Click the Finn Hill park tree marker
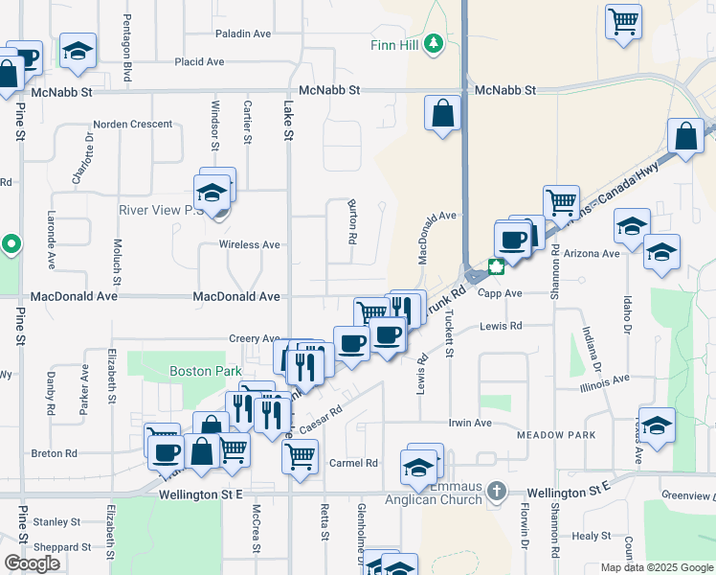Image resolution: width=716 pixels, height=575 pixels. click(x=434, y=43)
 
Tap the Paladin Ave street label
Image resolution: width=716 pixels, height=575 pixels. click(x=243, y=34)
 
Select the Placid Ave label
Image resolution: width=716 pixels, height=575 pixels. click(x=199, y=62)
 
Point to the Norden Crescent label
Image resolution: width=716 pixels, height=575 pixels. click(x=133, y=125)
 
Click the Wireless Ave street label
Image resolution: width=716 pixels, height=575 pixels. click(x=250, y=245)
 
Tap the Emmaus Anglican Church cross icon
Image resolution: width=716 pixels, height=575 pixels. click(x=496, y=492)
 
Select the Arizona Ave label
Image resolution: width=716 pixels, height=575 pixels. click(x=592, y=254)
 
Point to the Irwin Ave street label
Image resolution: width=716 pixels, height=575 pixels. click(x=470, y=423)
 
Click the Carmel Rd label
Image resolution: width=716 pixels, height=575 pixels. click(x=353, y=463)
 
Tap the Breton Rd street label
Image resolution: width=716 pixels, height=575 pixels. click(x=54, y=453)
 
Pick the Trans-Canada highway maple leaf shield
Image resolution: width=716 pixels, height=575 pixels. click(x=496, y=266)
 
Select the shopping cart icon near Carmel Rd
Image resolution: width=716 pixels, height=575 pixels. click(x=300, y=454)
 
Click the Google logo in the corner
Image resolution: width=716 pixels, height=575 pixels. click(x=32, y=563)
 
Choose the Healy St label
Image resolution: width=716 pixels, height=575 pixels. click(x=592, y=537)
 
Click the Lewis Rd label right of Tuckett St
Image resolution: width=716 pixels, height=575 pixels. click(x=502, y=326)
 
